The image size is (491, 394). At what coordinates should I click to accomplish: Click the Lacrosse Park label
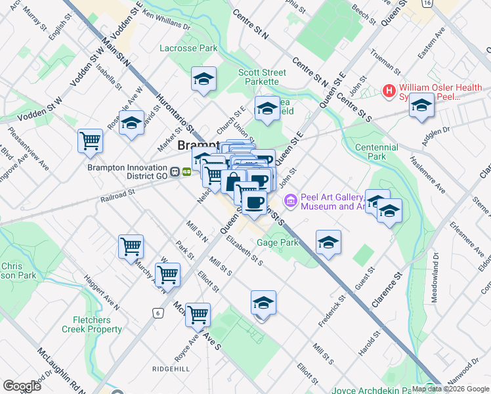[188, 48]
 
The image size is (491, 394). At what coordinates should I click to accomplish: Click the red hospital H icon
[389, 90]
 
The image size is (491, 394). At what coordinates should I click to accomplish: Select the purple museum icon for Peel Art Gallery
[290, 200]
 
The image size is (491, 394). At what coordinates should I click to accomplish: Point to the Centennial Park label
[376, 152]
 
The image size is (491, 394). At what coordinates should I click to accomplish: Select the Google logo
[22, 385]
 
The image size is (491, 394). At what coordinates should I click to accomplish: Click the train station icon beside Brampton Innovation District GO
[175, 171]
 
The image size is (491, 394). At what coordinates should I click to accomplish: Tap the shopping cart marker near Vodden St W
[90, 141]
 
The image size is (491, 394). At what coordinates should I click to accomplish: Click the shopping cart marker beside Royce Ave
[198, 315]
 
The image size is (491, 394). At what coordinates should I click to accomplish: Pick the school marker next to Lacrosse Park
[204, 79]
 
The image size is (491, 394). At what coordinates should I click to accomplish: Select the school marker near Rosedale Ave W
[131, 123]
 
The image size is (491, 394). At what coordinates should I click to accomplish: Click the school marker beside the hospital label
[421, 105]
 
